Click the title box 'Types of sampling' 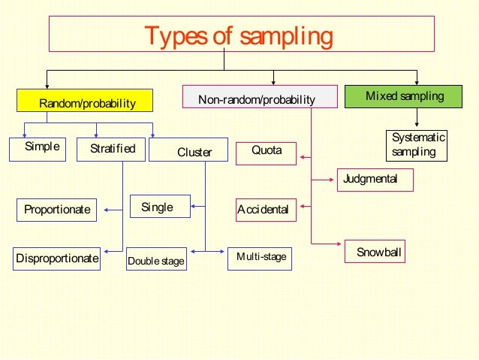241,36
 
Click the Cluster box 193,151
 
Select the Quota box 267,152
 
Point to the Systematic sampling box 417,144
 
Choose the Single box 160,207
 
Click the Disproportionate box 57,258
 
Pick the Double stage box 156,260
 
